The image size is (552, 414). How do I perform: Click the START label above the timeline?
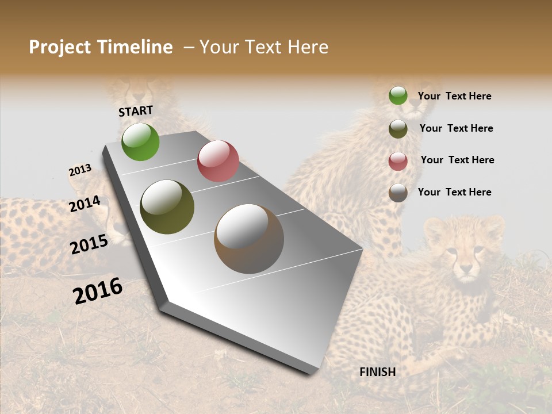click(x=136, y=111)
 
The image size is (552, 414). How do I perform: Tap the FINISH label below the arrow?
click(x=377, y=372)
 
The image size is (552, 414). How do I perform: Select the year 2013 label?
click(x=80, y=170)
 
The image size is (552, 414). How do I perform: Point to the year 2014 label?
click(x=85, y=204)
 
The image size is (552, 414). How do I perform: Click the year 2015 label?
click(x=89, y=244)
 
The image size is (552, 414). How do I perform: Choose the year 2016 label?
click(x=98, y=290)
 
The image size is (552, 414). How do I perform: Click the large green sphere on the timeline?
click(x=140, y=141)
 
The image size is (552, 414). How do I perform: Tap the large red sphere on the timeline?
click(x=218, y=161)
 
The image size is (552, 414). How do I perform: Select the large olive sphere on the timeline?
click(x=167, y=207)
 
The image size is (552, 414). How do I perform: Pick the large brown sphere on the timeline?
click(x=249, y=239)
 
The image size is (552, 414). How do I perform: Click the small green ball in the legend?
click(x=398, y=95)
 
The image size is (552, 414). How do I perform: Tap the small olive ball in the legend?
click(x=398, y=129)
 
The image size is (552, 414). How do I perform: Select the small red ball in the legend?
click(x=398, y=161)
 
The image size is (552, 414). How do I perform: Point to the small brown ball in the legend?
click(x=398, y=193)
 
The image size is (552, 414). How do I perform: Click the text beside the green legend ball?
click(x=454, y=96)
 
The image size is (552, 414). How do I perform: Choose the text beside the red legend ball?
click(x=457, y=160)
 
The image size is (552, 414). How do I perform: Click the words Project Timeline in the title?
click(x=101, y=47)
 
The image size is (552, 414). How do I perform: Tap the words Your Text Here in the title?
click(x=263, y=47)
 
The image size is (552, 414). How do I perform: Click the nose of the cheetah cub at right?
click(x=465, y=268)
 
